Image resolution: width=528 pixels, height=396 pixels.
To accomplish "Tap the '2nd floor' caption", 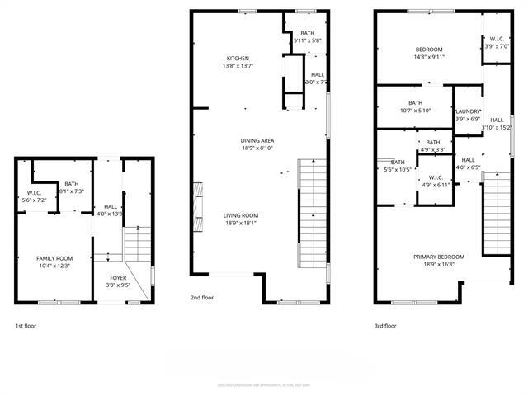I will click(x=202, y=297).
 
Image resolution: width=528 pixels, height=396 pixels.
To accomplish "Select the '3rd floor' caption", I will click(x=385, y=326).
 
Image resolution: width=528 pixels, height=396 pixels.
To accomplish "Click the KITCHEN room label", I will click(x=238, y=59).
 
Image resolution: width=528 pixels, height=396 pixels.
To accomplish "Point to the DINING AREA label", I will click(x=257, y=141).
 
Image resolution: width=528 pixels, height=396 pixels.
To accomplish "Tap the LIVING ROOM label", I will click(x=241, y=215).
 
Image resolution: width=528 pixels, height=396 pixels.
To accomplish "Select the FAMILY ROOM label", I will click(x=55, y=258).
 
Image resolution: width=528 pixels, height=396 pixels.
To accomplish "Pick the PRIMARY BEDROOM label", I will click(x=439, y=257).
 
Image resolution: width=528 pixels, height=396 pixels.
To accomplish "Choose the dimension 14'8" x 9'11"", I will click(x=428, y=58).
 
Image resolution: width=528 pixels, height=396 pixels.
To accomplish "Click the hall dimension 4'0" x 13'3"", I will click(x=110, y=214).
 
